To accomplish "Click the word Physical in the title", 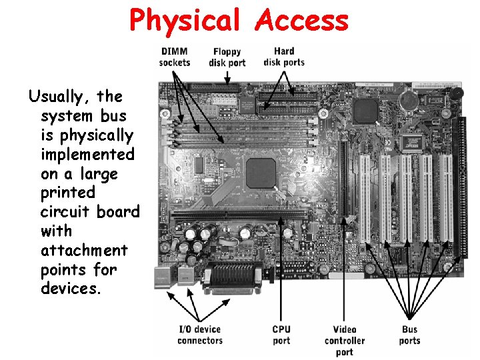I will point(185,20).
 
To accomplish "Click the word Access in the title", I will point(303,20).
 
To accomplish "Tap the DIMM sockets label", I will point(175,57).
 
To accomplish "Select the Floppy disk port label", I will point(227,57).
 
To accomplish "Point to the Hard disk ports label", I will point(284,57).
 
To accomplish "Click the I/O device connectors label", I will point(199,335).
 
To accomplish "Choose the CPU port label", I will point(281,335).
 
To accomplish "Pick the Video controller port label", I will point(345,340).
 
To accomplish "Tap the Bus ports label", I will point(409,335).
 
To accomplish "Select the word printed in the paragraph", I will point(68,193).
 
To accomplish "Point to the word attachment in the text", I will point(83,251).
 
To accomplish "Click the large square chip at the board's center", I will point(261,173).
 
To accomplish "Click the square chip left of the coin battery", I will point(366,110).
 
